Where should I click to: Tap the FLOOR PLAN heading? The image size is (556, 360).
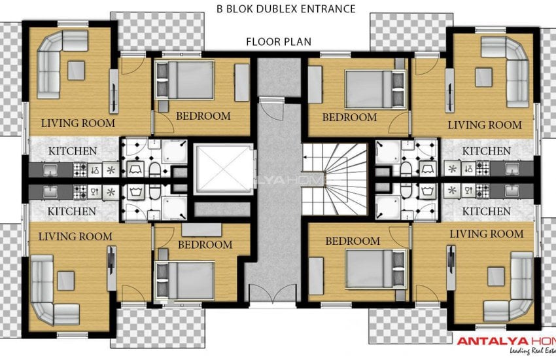pyautogui.click(x=278, y=42)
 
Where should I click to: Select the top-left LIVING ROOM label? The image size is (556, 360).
pyautogui.click(x=78, y=123)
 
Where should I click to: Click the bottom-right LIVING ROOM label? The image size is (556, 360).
pyautogui.click(x=487, y=234)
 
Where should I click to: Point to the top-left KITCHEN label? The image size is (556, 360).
pyautogui.click(x=73, y=152)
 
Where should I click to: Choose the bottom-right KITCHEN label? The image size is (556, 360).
pyautogui.click(x=486, y=211)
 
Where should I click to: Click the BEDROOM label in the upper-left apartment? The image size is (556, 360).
pyautogui.click(x=203, y=117)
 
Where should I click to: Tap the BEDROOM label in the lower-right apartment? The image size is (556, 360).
pyautogui.click(x=353, y=241)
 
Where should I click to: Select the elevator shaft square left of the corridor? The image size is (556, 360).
pyautogui.click(x=223, y=169)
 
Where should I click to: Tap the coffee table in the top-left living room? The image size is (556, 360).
pyautogui.click(x=76, y=69)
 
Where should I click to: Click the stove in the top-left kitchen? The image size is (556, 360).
pyautogui.click(x=80, y=170)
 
